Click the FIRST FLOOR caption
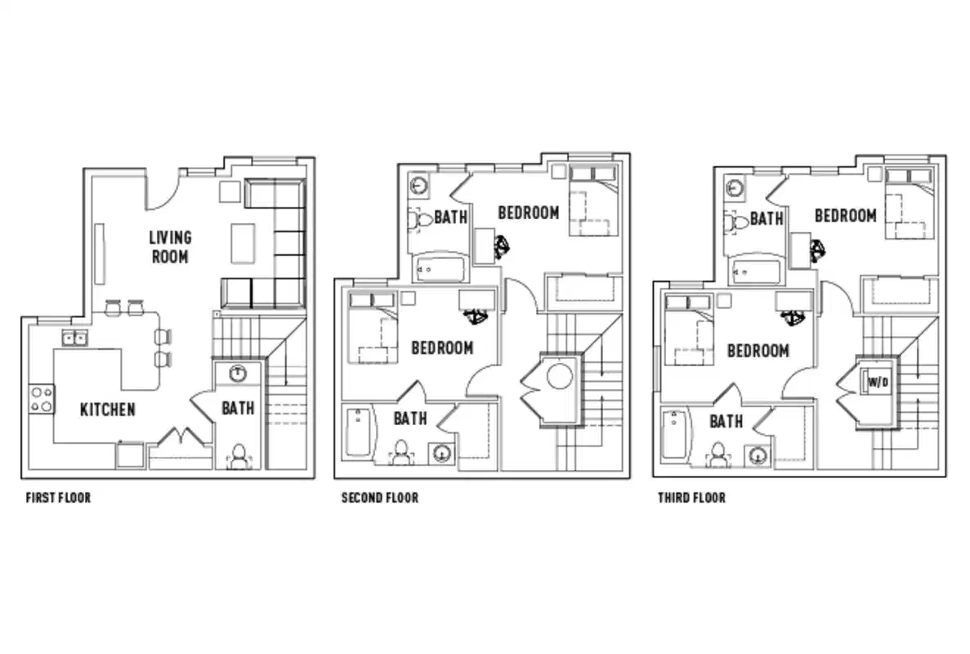pyautogui.click(x=58, y=497)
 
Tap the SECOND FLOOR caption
pyautogui.click(x=379, y=497)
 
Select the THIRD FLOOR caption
pyautogui.click(x=691, y=497)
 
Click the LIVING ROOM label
pyautogui.click(x=170, y=247)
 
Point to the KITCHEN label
pyautogui.click(x=107, y=410)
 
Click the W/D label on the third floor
pyautogui.click(x=878, y=382)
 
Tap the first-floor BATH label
pyautogui.click(x=238, y=407)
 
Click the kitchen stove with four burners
pyautogui.click(x=42, y=399)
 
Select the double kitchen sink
pyautogui.click(x=74, y=338)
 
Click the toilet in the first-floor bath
pyautogui.click(x=238, y=456)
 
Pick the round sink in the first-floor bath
pyautogui.click(x=238, y=374)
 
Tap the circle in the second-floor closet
pyautogui.click(x=560, y=378)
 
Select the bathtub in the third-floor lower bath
pyautogui.click(x=673, y=433)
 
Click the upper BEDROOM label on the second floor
pyautogui.click(x=528, y=213)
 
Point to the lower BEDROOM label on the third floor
pyautogui.click(x=758, y=351)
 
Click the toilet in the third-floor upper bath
pyautogui.click(x=737, y=222)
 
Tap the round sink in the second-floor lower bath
pyautogui.click(x=443, y=453)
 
